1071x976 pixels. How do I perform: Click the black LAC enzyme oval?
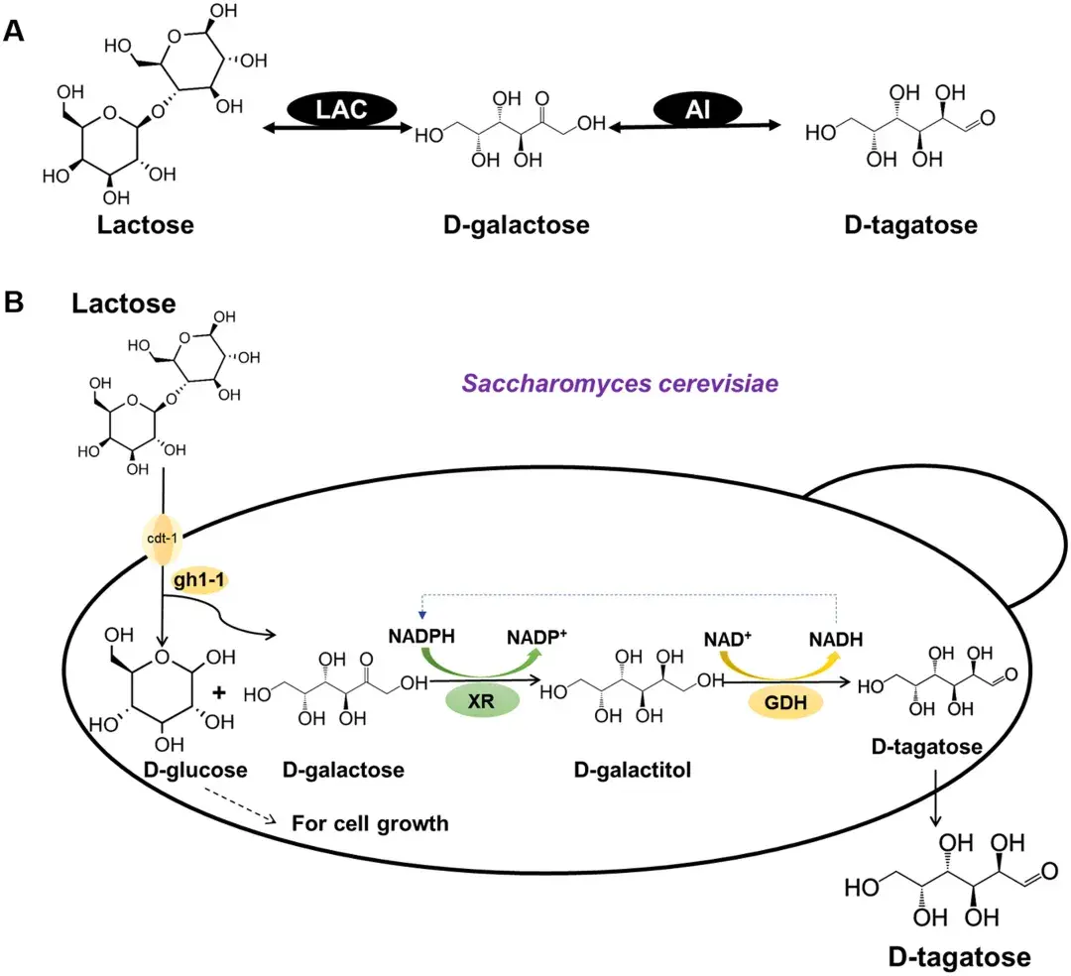click(x=341, y=108)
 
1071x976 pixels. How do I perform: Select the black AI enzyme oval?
click(x=697, y=108)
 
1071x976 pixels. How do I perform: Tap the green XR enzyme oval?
click(x=482, y=700)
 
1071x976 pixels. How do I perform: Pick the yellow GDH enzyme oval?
click(x=785, y=702)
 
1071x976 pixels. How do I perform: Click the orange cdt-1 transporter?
click(x=162, y=539)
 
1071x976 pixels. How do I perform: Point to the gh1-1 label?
click(x=198, y=580)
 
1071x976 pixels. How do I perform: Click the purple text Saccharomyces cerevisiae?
click(x=620, y=383)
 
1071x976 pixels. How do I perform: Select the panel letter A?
click(x=14, y=32)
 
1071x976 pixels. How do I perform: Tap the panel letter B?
click(x=14, y=303)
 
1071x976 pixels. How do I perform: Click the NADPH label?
click(x=421, y=637)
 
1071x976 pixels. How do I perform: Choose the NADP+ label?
click(x=536, y=637)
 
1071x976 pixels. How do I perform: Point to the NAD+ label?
click(x=728, y=640)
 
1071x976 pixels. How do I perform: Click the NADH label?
click(x=836, y=640)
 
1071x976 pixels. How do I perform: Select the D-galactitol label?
click(x=633, y=770)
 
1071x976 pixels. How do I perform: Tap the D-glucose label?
click(x=195, y=770)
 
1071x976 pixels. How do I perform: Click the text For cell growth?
click(x=370, y=823)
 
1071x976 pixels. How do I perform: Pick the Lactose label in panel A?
click(x=146, y=225)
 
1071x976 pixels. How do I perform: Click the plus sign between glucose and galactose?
click(x=218, y=692)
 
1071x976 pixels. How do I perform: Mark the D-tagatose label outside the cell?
click(x=959, y=957)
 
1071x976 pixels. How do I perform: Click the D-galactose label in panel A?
click(x=517, y=225)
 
